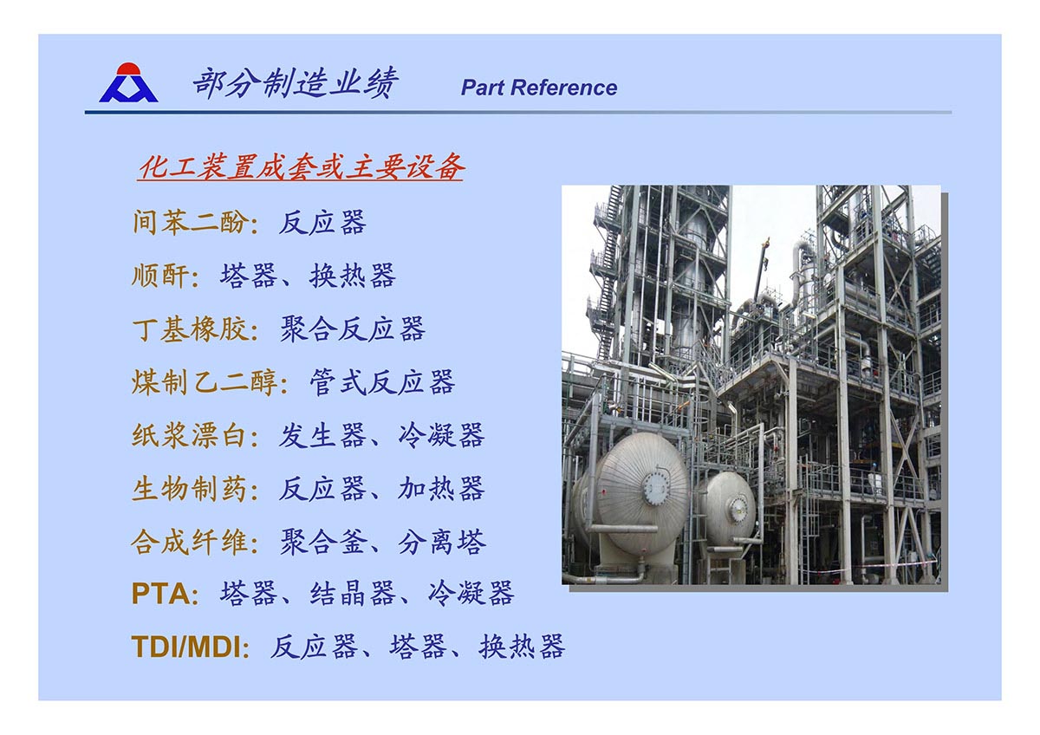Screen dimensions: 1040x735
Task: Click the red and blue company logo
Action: (128, 82)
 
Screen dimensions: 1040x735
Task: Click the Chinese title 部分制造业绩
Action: (296, 83)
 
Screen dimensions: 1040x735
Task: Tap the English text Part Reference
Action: (538, 88)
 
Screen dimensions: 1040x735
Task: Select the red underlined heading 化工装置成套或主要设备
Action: (302, 166)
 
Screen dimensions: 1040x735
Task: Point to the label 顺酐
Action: (160, 276)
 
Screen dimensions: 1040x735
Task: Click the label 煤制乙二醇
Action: (205, 382)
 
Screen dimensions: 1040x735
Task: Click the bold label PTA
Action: (160, 594)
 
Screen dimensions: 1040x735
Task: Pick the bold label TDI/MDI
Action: (185, 647)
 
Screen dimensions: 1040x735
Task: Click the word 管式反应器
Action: (382, 382)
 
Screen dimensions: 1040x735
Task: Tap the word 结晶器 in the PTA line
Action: (353, 594)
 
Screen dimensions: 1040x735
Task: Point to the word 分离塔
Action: (441, 542)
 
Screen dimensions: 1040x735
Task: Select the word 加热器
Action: (441, 489)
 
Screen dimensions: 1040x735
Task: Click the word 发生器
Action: (322, 435)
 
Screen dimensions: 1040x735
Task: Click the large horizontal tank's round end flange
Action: (656, 487)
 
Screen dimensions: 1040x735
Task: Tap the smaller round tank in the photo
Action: (728, 508)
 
